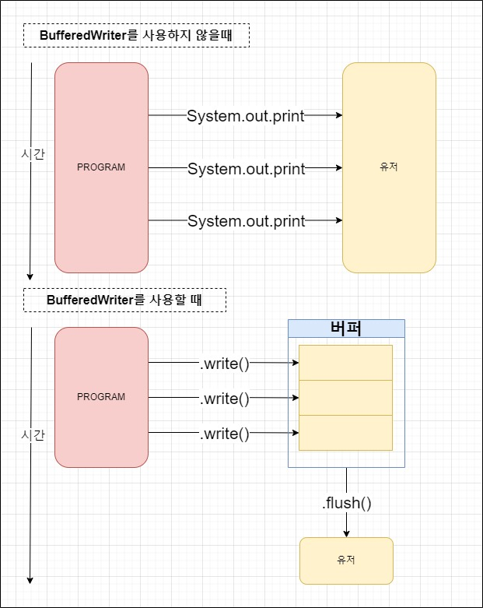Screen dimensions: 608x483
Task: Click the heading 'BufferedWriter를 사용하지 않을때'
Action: [x=136, y=36]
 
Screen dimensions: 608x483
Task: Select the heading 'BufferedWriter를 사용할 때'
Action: [x=124, y=300]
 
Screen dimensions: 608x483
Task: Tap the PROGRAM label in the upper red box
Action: [x=101, y=167]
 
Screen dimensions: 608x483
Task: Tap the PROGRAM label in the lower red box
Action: [x=101, y=397]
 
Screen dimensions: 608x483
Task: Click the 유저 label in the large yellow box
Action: [x=389, y=167]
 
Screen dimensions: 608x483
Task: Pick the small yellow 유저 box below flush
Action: [x=346, y=561]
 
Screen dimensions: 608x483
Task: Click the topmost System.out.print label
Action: [x=246, y=116]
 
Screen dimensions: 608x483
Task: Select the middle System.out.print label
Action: [x=246, y=169]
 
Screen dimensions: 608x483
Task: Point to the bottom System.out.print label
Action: [x=246, y=221]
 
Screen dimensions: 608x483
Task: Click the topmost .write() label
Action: [x=225, y=363]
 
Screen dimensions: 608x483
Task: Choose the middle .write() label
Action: [x=225, y=399]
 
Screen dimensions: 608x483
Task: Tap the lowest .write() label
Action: [x=225, y=434]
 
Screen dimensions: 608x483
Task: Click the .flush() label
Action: [x=346, y=503]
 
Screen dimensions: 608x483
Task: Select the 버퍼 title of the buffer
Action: [x=346, y=328]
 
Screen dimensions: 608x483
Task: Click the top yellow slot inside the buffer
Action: [x=346, y=362]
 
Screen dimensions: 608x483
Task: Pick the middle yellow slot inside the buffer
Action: [x=346, y=398]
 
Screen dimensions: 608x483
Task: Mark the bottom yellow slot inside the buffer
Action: [x=346, y=433]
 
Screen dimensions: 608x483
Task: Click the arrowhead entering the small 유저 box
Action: [x=346, y=533]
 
